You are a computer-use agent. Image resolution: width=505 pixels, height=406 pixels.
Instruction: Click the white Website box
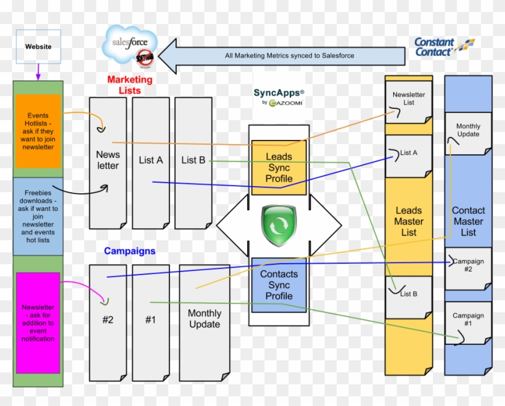(x=38, y=47)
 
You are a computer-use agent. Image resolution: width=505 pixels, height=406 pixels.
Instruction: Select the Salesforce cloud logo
(x=130, y=47)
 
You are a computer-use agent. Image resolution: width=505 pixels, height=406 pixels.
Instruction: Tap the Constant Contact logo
(x=444, y=47)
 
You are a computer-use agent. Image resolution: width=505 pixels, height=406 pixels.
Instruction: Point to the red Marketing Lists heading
(x=130, y=85)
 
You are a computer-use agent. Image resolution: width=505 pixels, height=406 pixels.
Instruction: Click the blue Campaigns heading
(x=130, y=251)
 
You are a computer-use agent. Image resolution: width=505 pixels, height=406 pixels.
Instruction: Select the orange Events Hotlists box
(x=38, y=131)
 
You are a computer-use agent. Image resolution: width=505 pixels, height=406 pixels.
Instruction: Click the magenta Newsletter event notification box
(x=38, y=323)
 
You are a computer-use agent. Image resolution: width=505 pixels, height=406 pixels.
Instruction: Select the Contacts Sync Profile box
(x=279, y=285)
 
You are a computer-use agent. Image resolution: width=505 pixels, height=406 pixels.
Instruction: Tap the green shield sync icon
(x=279, y=225)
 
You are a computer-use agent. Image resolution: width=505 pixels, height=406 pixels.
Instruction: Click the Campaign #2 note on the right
(x=468, y=267)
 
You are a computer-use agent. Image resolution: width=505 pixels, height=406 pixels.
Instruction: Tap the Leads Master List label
(x=408, y=221)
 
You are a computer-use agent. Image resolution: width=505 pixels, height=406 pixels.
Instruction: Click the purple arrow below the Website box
(x=38, y=73)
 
